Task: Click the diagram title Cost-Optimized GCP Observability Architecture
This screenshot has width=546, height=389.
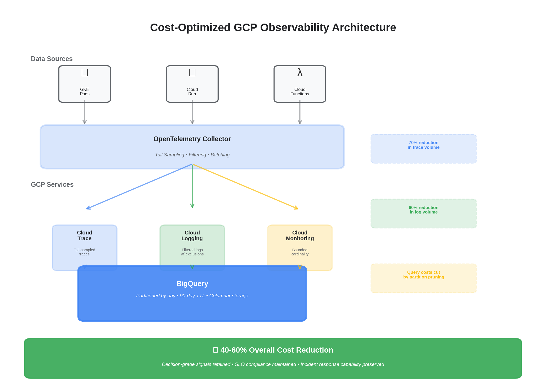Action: (273, 28)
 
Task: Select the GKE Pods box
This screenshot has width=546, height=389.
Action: (85, 84)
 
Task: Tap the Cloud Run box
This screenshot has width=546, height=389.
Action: (192, 84)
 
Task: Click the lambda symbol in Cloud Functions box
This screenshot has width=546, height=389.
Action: (300, 73)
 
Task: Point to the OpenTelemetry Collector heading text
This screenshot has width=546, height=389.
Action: (192, 139)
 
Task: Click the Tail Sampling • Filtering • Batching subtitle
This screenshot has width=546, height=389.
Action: (192, 155)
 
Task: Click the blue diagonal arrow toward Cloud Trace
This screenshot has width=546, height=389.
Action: (139, 187)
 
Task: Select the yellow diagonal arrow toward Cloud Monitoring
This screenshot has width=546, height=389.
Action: (246, 187)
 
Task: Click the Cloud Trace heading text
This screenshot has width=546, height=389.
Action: (85, 235)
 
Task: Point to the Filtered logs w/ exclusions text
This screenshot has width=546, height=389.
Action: (192, 252)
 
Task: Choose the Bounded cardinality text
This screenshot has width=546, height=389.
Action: (300, 252)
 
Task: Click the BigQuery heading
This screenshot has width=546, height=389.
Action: (192, 284)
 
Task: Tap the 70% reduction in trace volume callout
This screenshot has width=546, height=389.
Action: (423, 149)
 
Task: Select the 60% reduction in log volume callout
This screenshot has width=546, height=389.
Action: (423, 213)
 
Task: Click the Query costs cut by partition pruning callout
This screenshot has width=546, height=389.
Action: (423, 278)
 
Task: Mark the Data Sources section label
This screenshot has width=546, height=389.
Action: (52, 59)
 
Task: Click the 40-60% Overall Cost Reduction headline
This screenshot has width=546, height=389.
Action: (277, 350)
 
